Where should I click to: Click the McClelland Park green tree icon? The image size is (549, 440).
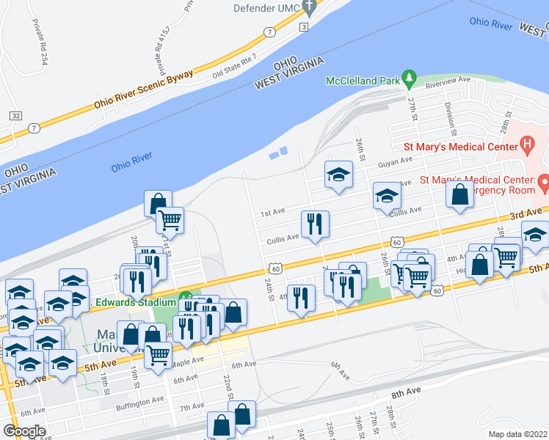tap(411, 76)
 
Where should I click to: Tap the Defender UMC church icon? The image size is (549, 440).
tap(310, 9)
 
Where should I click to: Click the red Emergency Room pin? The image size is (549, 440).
tap(543, 181)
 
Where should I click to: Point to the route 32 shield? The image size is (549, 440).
tap(15, 116)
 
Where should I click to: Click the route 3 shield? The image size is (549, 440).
tap(303, 27)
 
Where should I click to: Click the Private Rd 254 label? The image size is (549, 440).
tap(39, 43)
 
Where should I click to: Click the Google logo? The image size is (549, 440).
tap(23, 431)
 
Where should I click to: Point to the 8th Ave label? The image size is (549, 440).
tap(407, 394)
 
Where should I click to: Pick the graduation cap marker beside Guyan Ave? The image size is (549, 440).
tap(338, 175)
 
